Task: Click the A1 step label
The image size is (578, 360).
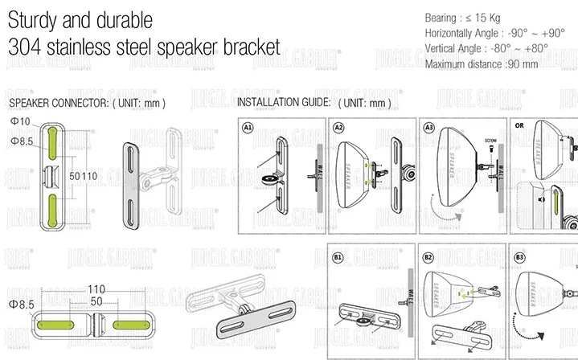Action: [248, 127]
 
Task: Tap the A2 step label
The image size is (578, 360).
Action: [339, 127]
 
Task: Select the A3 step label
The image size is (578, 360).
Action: [430, 127]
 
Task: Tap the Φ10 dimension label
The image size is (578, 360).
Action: [20, 121]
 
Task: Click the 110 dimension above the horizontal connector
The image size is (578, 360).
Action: [96, 289]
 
